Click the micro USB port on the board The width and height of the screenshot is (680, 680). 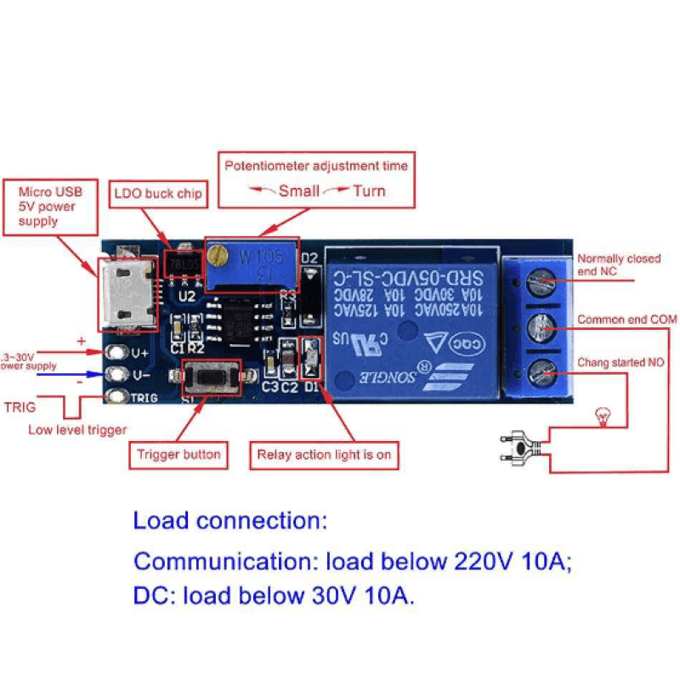point(127,293)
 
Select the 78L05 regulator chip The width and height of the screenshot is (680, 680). point(184,262)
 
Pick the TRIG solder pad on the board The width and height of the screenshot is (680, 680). point(115,396)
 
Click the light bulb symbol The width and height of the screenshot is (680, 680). point(602,416)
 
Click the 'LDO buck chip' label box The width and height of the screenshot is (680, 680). point(158,194)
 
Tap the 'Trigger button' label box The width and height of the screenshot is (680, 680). point(178,455)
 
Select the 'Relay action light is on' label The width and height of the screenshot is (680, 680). point(324,455)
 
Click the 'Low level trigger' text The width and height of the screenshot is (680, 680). point(77,429)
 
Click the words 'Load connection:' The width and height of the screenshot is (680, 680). point(229,520)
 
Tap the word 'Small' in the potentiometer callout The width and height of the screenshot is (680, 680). point(298,190)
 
